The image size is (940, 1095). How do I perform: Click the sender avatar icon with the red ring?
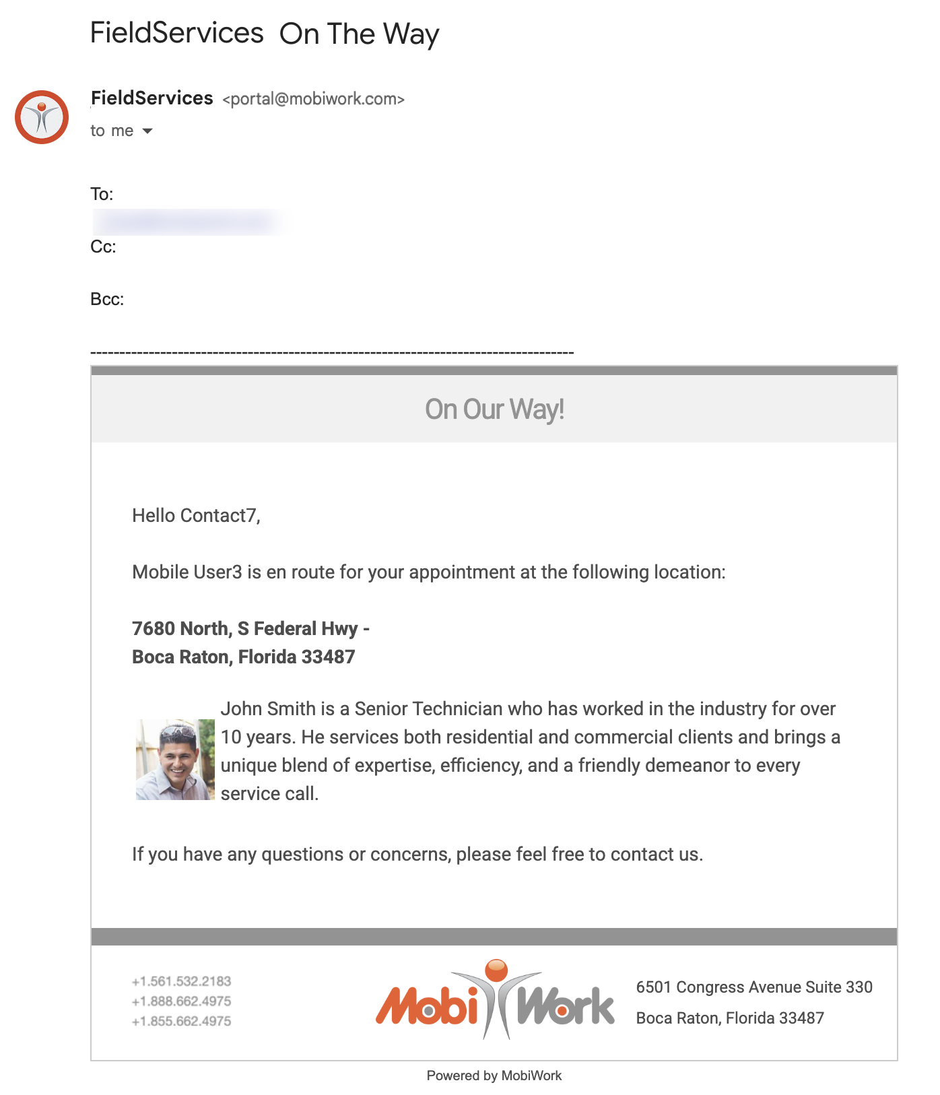42,117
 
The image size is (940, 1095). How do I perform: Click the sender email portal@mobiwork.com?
314,100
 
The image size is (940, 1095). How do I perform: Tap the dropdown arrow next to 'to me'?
147,131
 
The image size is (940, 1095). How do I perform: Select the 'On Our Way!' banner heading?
494,409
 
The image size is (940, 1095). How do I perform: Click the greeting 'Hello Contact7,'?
196,516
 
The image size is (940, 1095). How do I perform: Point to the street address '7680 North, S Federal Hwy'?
245,628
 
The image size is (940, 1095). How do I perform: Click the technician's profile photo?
175,759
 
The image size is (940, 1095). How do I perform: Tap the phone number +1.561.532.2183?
181,981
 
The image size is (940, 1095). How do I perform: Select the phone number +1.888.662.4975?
181,1001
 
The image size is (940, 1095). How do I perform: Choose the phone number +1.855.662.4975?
181,1021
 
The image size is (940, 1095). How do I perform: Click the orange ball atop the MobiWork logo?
496,970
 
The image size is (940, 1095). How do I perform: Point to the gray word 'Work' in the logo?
566,1006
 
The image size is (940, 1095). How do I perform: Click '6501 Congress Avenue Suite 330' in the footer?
754,987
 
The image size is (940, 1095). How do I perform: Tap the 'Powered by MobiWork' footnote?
494,1075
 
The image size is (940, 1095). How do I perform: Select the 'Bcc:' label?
107,299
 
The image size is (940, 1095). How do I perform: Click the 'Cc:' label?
103,246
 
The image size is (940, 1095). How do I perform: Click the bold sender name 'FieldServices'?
152,98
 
